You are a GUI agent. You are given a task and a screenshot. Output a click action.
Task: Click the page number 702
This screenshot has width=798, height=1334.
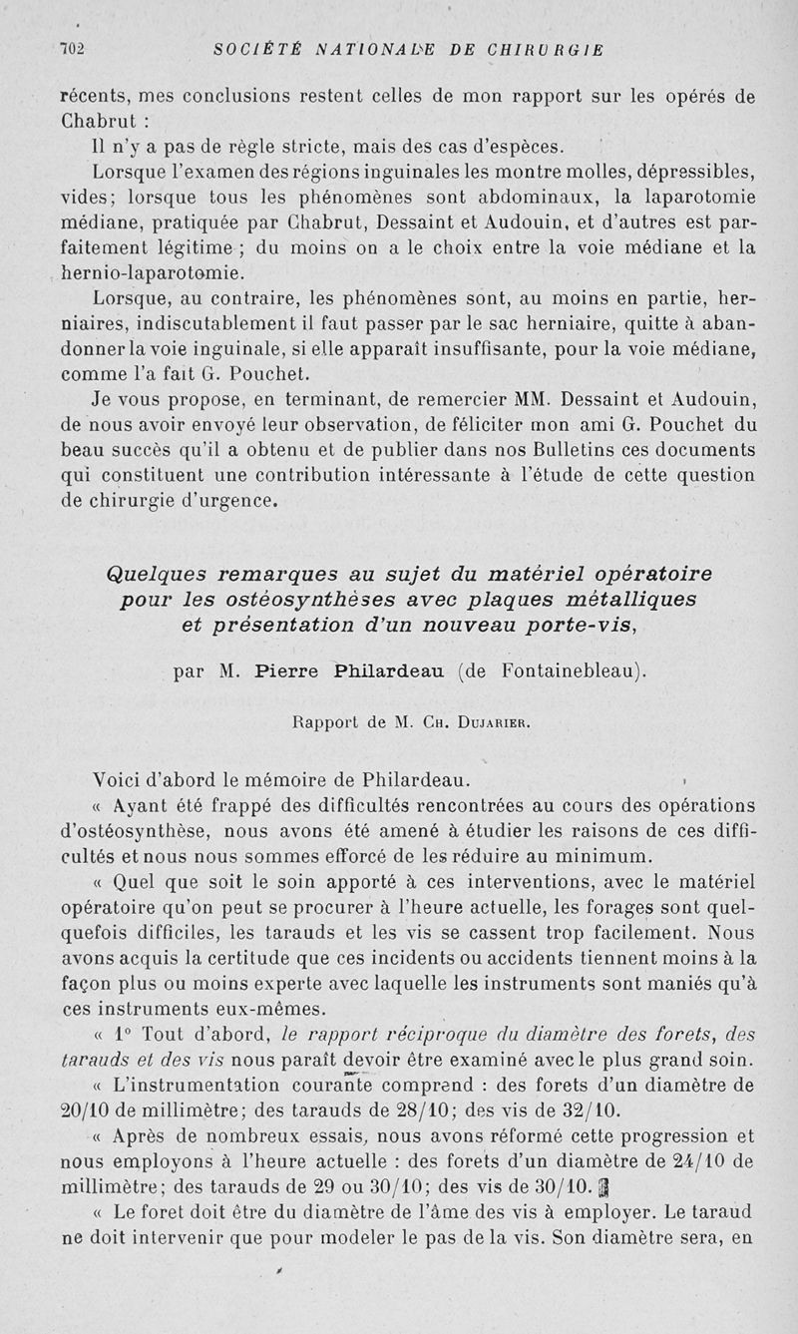pos(74,49)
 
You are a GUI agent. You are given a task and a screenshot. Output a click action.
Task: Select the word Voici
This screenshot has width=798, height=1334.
pos(123,778)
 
